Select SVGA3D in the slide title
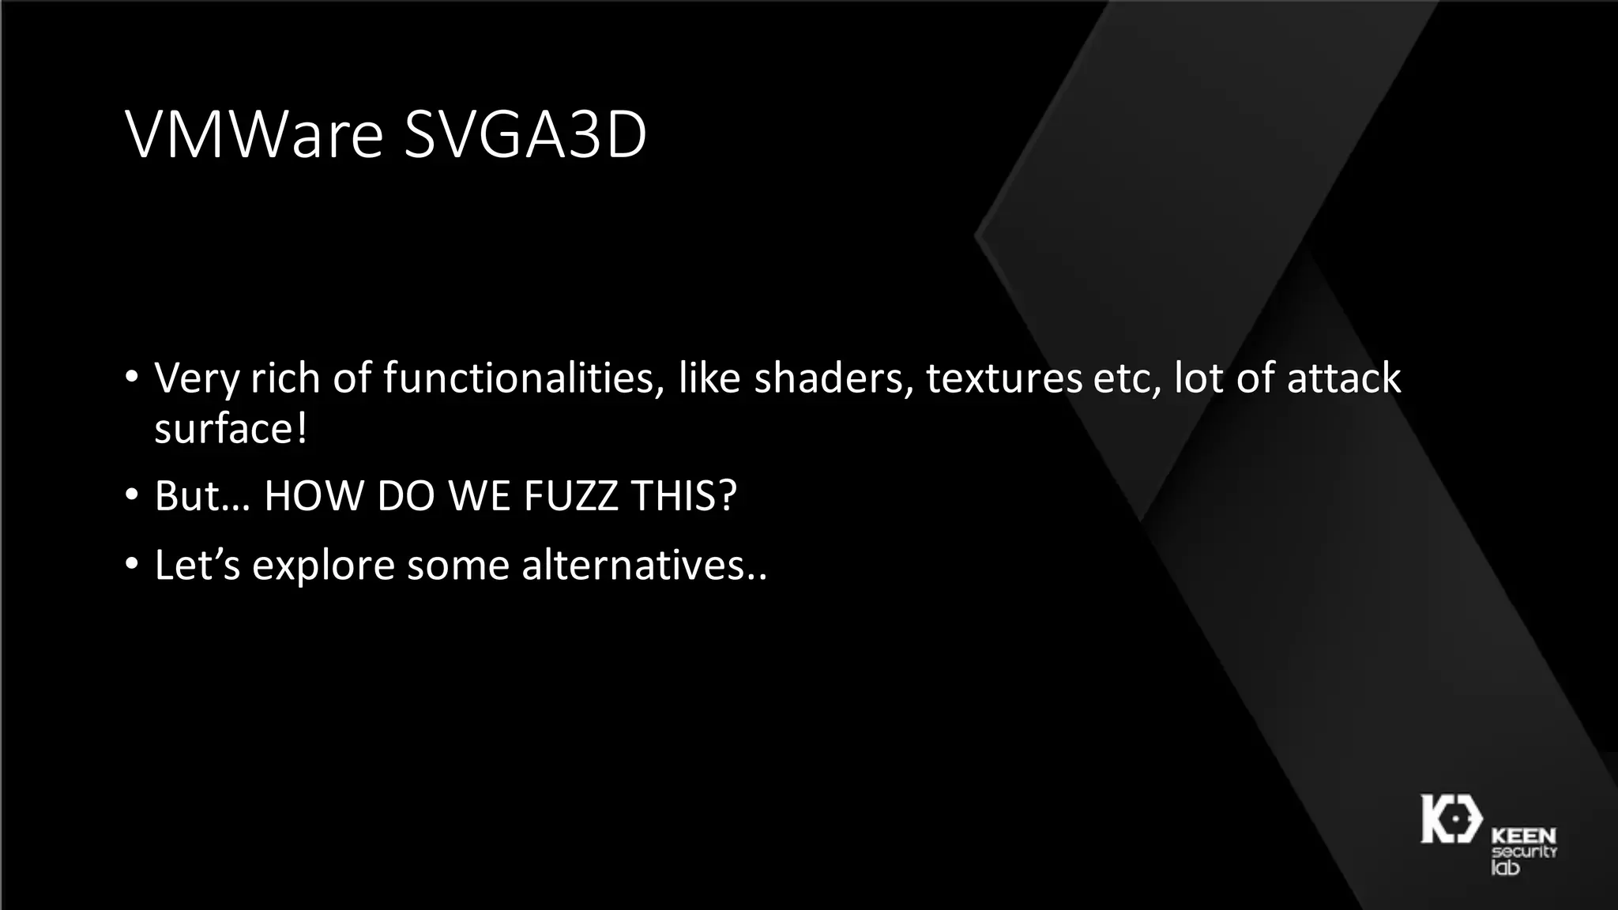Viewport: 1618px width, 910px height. coord(525,136)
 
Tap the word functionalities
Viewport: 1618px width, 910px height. coord(523,378)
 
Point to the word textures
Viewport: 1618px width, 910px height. coord(1004,378)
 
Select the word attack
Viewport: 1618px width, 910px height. coord(1344,378)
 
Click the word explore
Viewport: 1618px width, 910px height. coord(323,566)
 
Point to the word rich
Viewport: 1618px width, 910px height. coord(285,378)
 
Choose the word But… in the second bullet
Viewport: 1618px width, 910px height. coord(202,496)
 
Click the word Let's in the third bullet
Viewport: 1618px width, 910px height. coord(197,566)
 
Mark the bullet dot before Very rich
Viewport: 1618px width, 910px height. coord(132,376)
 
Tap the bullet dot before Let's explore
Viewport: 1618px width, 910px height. coord(132,564)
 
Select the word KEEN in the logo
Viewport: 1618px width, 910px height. coord(1523,837)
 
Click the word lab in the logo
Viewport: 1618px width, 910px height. coord(1505,867)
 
